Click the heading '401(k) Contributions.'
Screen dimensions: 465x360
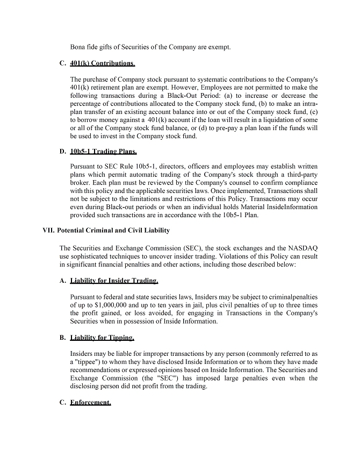(x=103, y=63)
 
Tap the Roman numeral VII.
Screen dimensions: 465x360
(x=48, y=231)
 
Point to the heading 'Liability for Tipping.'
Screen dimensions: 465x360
(x=102, y=338)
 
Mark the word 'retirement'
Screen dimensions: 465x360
(x=110, y=87)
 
